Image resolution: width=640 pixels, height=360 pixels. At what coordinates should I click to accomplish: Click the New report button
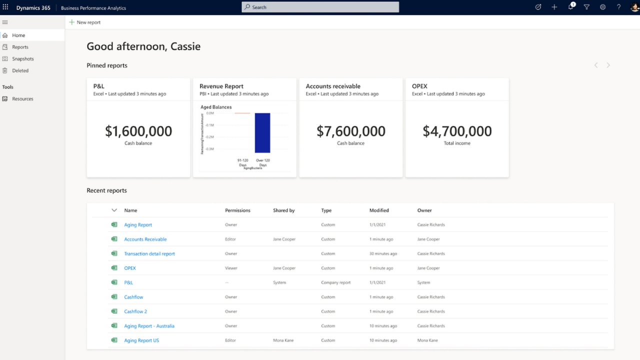[85, 22]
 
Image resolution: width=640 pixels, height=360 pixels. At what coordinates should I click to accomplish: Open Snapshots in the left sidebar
[22, 59]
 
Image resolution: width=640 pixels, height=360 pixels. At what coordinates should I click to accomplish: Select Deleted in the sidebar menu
[20, 70]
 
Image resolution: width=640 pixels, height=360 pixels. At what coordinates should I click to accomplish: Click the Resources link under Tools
[22, 99]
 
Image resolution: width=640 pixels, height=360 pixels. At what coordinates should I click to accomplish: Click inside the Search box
[320, 7]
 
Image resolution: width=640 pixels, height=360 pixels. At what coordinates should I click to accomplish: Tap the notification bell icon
[570, 7]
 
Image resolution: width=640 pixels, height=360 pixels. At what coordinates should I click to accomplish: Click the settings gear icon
[602, 7]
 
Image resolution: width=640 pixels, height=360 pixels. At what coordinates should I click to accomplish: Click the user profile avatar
[634, 7]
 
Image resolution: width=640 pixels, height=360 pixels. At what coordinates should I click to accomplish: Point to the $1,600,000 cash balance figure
[138, 131]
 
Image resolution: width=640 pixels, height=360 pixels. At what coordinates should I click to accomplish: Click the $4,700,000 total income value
[457, 131]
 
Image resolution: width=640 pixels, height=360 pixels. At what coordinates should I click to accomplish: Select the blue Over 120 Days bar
[262, 132]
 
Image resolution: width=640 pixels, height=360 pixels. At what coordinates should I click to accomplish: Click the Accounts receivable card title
[333, 86]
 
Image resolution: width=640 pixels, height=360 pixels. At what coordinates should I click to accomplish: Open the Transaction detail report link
[149, 254]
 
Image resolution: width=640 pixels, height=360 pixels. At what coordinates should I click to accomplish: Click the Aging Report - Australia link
[149, 326]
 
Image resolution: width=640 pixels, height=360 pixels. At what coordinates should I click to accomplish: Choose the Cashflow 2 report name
[135, 311]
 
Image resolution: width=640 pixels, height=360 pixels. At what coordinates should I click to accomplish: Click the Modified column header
[379, 210]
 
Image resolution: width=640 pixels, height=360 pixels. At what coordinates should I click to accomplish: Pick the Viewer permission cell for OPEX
[231, 268]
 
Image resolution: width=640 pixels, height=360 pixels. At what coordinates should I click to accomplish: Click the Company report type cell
[335, 283]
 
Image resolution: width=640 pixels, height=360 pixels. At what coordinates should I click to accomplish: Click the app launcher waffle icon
[6, 7]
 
